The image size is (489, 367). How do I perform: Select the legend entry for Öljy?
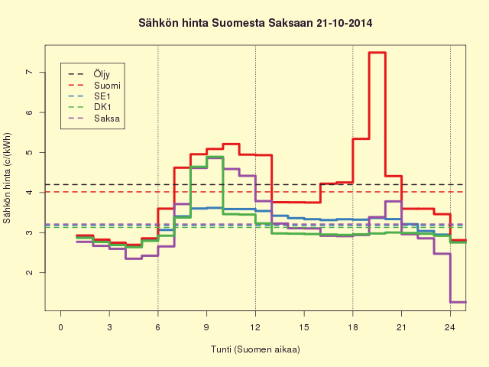click(89, 74)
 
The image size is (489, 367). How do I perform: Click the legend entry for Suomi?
click(94, 85)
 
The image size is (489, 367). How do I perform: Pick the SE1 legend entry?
click(89, 96)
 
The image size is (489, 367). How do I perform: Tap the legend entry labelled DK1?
click(89, 107)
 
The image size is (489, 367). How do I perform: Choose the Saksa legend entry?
click(94, 119)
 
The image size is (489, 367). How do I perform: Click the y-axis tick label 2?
click(29, 272)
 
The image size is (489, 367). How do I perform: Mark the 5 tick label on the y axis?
click(29, 152)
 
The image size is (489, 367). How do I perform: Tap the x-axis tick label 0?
click(60, 327)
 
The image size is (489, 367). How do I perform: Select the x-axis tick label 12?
click(255, 327)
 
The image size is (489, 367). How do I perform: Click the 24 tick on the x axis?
click(450, 327)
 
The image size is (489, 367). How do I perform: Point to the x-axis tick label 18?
click(353, 327)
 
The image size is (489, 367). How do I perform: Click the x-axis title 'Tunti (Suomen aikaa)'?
click(255, 349)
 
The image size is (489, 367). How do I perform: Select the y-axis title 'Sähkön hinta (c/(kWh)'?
click(7, 178)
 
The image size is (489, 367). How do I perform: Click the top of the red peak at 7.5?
click(377, 53)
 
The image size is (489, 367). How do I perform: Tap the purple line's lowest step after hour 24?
click(458, 302)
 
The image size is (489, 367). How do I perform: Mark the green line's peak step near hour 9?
click(215, 157)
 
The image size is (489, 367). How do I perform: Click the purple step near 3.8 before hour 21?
click(393, 201)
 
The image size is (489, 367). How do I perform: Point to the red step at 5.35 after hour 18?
click(361, 138)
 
